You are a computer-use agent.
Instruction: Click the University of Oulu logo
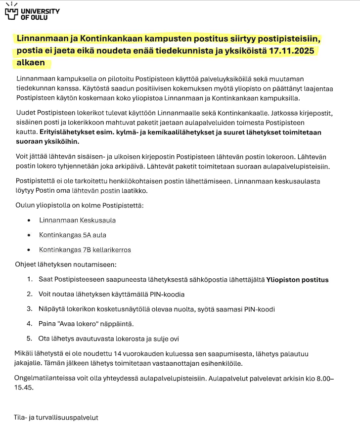(x=32, y=13)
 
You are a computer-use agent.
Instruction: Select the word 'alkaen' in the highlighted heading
(x=31, y=63)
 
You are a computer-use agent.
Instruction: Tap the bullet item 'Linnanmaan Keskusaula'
(x=78, y=220)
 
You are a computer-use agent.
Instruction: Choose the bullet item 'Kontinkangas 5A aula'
(x=73, y=235)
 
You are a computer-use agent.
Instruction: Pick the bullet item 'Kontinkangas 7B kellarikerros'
(x=85, y=250)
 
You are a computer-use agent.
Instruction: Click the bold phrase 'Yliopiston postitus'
(x=297, y=280)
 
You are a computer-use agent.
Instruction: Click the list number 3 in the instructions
(x=29, y=309)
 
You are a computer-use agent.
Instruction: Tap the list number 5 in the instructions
(x=29, y=339)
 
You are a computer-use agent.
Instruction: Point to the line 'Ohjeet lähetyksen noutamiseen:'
(x=66, y=265)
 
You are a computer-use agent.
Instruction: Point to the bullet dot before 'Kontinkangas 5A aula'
(x=30, y=235)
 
